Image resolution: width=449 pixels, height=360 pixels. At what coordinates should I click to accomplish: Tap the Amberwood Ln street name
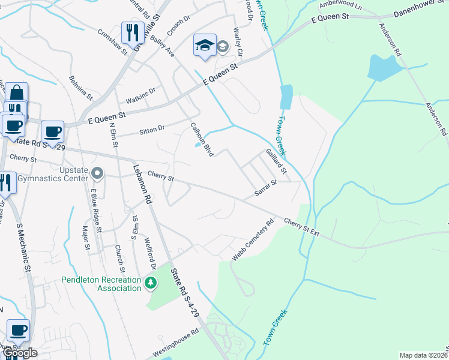pyautogui.click(x=341, y=5)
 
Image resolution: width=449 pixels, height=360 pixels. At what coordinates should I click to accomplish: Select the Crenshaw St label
pyautogui.click(x=113, y=43)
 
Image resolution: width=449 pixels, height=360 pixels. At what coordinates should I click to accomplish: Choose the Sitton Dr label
pyautogui.click(x=152, y=128)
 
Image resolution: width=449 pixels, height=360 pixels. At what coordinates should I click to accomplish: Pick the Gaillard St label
pyautogui.click(x=276, y=162)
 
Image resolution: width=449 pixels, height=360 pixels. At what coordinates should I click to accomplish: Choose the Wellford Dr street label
pyautogui.click(x=149, y=254)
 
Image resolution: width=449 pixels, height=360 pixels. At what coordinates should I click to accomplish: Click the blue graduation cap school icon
pyautogui.click(x=205, y=45)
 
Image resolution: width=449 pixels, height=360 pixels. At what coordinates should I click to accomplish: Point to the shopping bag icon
pyautogui.click(x=16, y=93)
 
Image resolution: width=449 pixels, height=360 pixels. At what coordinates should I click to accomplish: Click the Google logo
pyautogui.click(x=20, y=353)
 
